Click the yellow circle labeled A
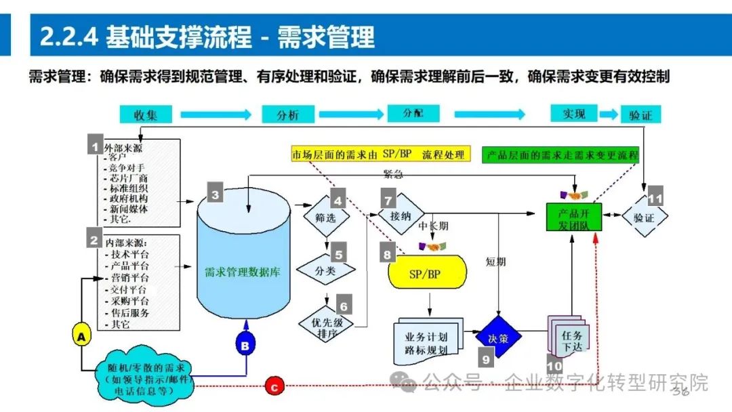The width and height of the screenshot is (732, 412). pos(81,335)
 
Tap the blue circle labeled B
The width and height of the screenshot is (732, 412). pos(245,346)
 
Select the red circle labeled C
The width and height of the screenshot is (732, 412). pos(273,387)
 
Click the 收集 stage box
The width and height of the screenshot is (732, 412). pos(145,114)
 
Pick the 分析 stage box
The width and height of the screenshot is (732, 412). pos(287,114)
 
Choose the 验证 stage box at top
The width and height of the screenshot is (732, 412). pos(640,114)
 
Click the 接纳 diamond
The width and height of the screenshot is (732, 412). pos(401,215)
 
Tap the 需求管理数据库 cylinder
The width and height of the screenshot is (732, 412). pos(242,271)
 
